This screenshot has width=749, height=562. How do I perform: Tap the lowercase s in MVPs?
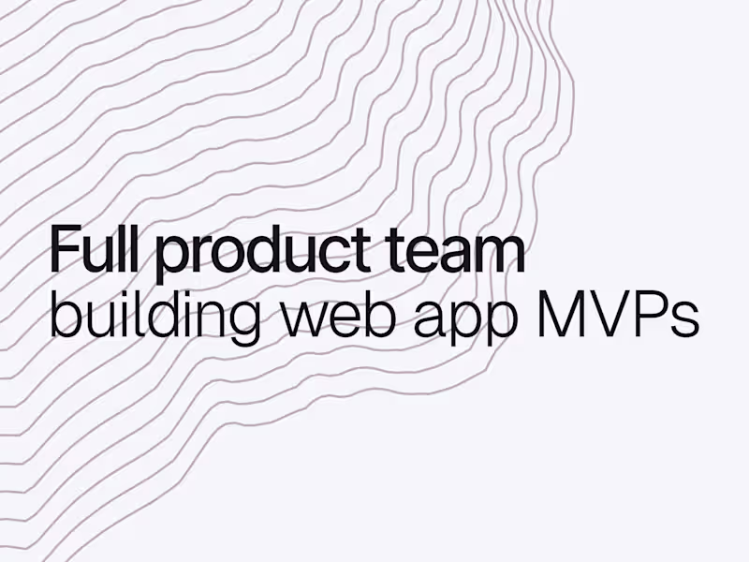pyautogui.click(x=685, y=321)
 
